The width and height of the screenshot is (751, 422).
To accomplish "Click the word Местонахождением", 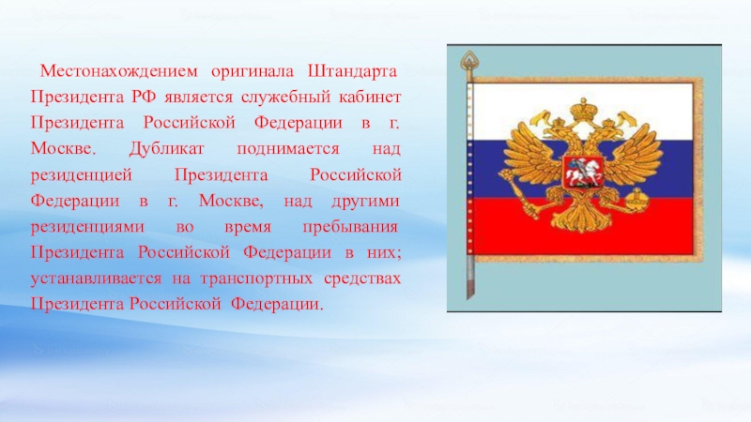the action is point(118,71).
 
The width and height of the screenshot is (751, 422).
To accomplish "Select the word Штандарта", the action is point(352,71).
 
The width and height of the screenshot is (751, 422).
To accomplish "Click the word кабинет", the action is point(370,98).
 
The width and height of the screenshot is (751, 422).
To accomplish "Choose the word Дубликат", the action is point(166,149).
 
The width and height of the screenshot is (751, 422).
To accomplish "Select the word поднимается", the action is point(288,149).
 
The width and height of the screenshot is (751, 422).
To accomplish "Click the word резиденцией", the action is point(82,175).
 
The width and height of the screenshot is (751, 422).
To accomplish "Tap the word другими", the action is point(365,202).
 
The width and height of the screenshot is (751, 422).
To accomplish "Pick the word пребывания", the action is point(350,227).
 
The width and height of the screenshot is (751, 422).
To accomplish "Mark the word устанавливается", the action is point(97,279).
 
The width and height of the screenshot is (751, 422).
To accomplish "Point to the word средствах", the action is point(362,279).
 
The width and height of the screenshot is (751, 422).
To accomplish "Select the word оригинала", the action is point(253,72).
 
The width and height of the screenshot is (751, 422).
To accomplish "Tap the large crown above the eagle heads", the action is point(583,109).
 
